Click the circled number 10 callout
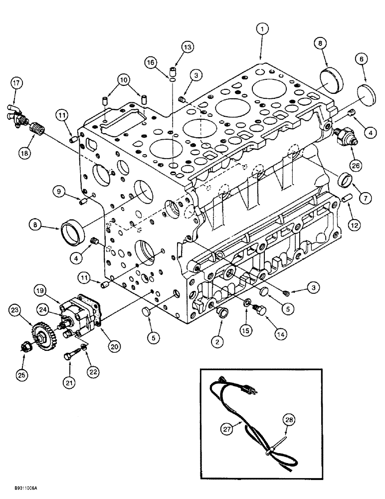(x=124, y=79)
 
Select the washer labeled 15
(x=247, y=303)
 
